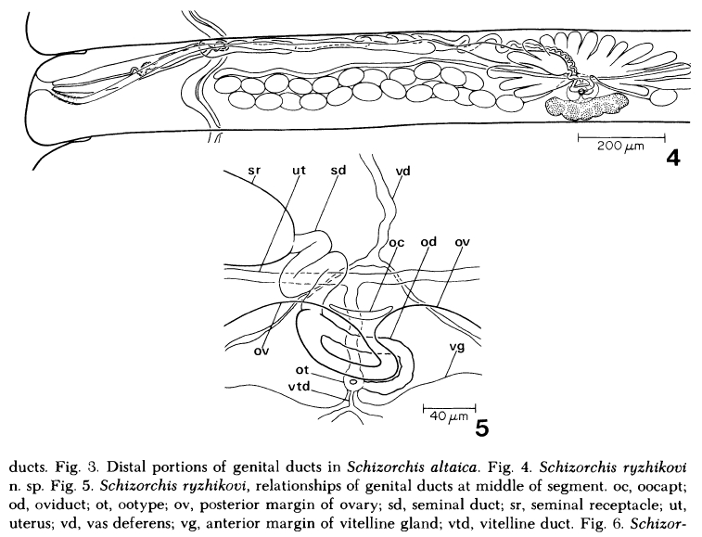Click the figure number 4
[x=673, y=158]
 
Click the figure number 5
[x=481, y=428]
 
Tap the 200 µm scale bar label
[x=620, y=146]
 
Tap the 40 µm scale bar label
[x=449, y=416]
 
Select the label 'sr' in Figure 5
[x=254, y=171]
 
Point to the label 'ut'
[x=299, y=171]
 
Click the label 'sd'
[x=338, y=171]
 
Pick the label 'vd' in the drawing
[x=403, y=171]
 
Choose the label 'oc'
[x=396, y=243]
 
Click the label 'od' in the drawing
[x=428, y=242]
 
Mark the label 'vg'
[x=457, y=347]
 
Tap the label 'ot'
[x=302, y=370]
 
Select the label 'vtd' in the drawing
[x=300, y=386]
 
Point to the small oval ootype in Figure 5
[x=353, y=382]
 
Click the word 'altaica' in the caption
[x=455, y=467]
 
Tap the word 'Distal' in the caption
[x=123, y=467]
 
